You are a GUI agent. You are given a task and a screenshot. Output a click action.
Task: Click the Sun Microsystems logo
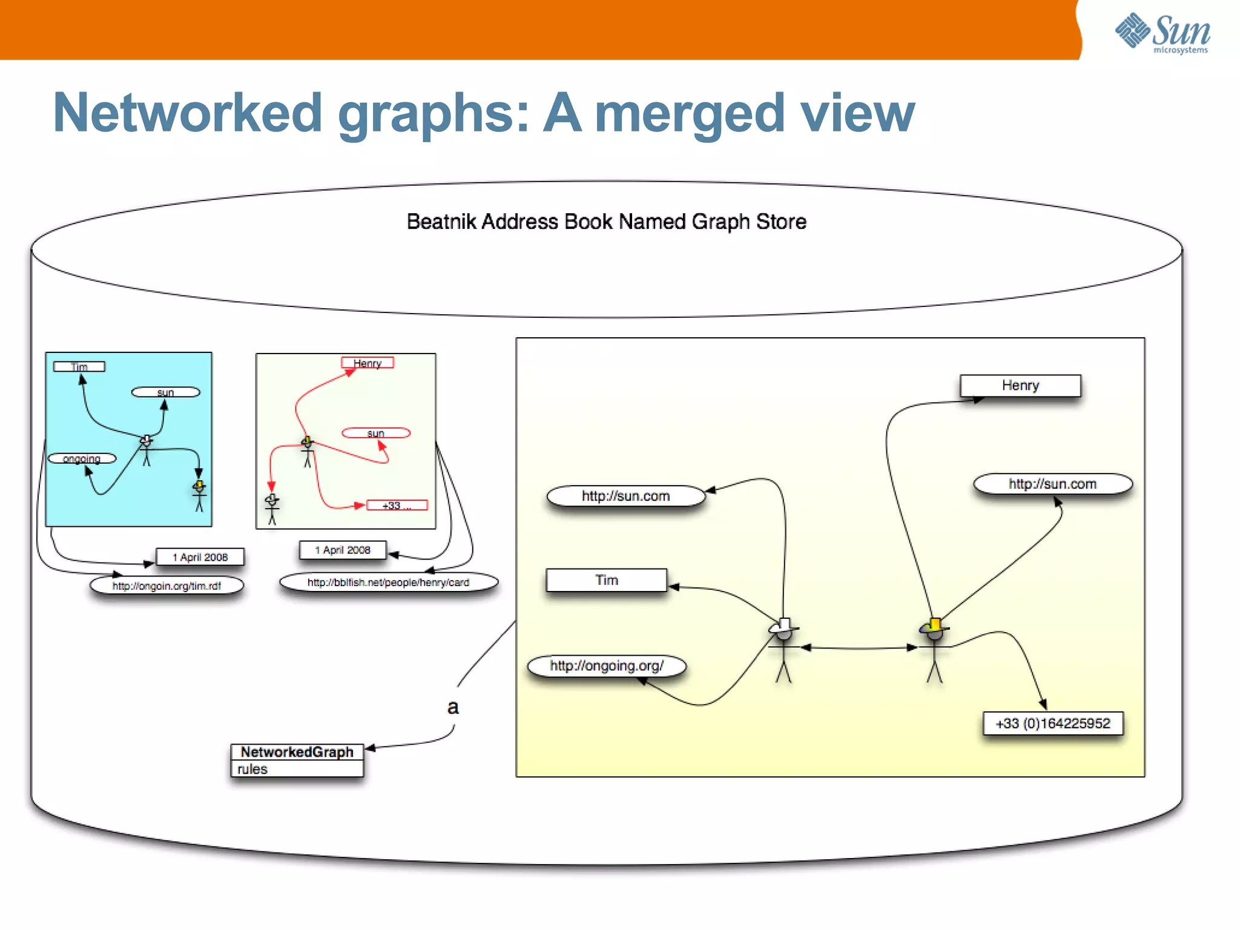1162,34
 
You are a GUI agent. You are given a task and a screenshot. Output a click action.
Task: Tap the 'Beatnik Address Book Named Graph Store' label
606,222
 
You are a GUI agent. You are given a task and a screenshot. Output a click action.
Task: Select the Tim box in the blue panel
79,366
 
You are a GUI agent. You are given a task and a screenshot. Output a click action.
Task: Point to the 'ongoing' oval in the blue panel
82,458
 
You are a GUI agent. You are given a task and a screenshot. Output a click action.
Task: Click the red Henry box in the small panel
367,363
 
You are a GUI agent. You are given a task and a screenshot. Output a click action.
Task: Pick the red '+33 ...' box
397,505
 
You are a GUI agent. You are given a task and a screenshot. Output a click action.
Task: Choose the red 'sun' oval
375,433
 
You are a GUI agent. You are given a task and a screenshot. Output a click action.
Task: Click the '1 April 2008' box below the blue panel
200,557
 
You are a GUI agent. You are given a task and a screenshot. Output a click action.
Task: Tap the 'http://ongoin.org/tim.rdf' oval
167,585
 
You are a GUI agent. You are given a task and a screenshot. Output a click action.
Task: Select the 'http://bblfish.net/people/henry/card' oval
388,582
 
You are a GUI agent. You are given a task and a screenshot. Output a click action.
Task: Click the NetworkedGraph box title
297,752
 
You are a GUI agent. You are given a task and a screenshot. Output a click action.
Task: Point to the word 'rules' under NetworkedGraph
252,769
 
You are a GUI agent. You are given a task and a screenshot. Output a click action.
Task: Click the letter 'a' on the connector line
453,707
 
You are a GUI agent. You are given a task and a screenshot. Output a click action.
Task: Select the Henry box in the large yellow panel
1020,386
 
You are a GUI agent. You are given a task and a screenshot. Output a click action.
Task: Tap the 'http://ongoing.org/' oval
607,666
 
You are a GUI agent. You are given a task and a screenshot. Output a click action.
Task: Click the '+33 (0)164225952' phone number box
1052,724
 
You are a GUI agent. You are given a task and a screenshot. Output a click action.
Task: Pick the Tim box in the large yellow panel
606,580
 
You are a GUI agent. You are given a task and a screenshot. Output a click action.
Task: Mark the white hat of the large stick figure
784,625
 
